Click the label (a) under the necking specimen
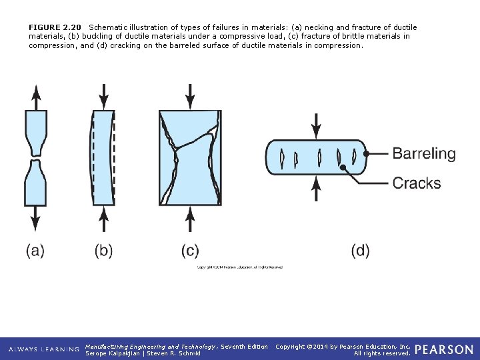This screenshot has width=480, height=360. click(35, 251)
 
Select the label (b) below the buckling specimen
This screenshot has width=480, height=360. click(103, 251)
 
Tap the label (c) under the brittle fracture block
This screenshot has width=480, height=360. click(190, 251)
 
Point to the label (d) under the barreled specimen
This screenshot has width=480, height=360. click(360, 251)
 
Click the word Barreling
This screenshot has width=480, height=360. click(424, 153)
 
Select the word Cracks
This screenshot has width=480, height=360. click(417, 183)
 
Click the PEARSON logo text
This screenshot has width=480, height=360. click(444, 349)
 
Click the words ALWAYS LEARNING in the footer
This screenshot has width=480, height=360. click(44, 349)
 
